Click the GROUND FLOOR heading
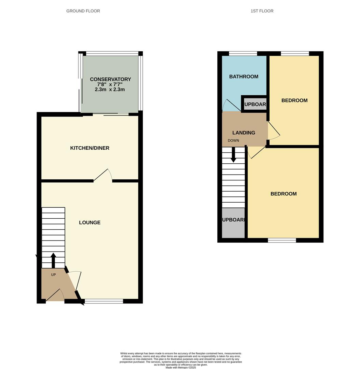coord(83,11)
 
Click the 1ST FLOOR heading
coord(262,11)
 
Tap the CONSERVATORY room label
coord(110,79)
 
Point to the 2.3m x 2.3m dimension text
coord(110,90)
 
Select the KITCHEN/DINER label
coord(90,148)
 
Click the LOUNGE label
coord(90,222)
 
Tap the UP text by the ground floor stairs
coord(53,275)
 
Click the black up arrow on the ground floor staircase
coord(53,260)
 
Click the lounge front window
coord(104,301)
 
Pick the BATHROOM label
coord(244,77)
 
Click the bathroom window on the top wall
coord(243,53)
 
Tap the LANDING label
coord(244,133)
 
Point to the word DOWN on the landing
coord(233,140)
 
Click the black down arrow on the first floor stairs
coord(233,155)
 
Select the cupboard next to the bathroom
coord(255,104)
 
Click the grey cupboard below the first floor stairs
coord(233,223)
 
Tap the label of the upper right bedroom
coord(294,100)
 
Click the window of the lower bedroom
coord(282,241)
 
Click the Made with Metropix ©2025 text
coord(181,367)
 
